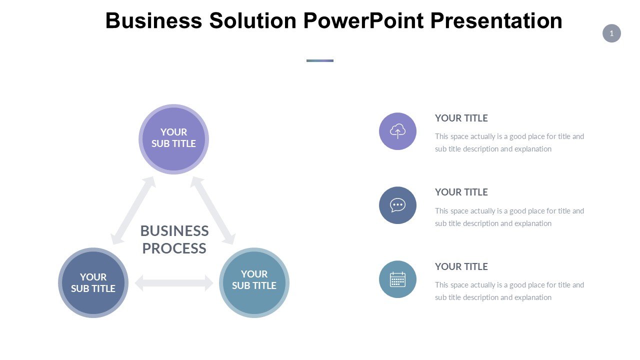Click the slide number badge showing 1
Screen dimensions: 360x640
611,33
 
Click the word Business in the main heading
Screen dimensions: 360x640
153,21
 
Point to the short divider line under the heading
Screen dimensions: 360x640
320,60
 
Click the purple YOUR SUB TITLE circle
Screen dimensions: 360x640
173,139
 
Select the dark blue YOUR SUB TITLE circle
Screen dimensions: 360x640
93,283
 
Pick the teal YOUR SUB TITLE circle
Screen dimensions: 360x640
254,282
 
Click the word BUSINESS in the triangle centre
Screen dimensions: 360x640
174,231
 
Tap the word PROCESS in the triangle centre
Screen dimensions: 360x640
174,248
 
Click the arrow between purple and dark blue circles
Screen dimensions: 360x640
133,210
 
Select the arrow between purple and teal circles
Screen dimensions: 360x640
213,210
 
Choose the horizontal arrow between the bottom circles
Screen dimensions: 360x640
174,283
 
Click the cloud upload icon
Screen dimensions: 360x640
397,131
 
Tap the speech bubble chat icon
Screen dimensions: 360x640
397,205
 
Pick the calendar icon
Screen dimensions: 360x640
397,279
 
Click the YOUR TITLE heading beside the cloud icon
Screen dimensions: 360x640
461,118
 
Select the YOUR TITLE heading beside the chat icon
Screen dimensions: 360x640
461,192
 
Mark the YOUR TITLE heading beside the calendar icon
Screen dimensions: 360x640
461,266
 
